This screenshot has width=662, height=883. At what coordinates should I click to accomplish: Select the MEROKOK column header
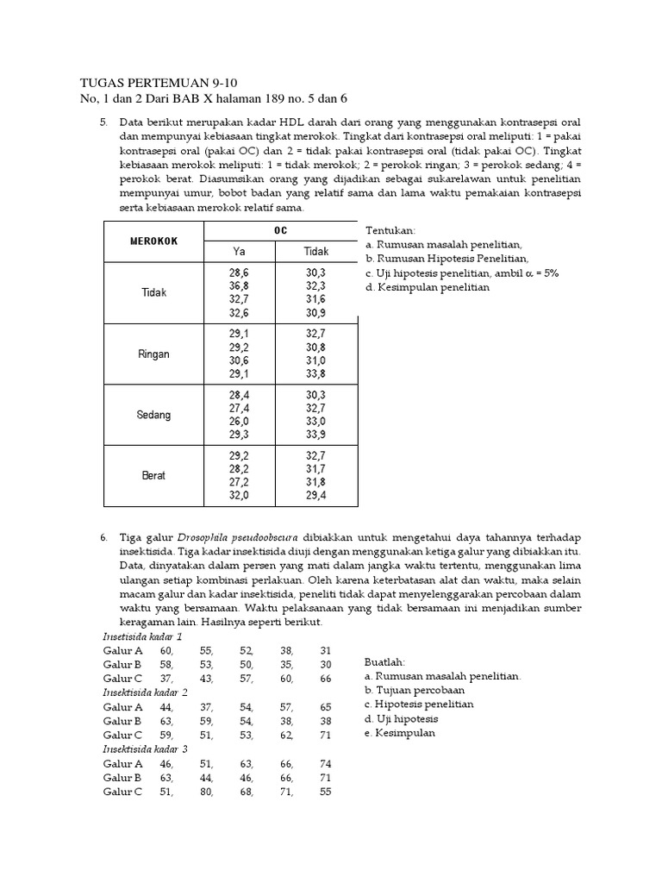(x=153, y=241)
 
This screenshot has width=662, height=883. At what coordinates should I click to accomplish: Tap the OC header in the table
(x=281, y=231)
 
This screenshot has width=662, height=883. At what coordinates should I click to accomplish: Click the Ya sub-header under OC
(x=240, y=251)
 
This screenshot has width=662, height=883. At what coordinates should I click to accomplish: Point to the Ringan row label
(x=154, y=354)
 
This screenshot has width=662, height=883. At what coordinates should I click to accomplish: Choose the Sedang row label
(x=154, y=415)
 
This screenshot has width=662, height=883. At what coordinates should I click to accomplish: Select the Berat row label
(x=154, y=475)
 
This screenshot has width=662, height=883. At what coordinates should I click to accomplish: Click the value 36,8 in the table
(x=240, y=285)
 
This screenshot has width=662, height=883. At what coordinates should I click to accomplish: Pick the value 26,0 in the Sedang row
(x=240, y=421)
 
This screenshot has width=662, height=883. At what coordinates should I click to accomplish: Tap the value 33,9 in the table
(x=316, y=435)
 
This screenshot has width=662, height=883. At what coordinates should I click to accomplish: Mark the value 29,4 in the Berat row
(x=316, y=496)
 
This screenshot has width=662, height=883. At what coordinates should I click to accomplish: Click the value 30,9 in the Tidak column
(x=316, y=313)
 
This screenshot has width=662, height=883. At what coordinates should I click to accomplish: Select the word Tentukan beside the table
(x=390, y=232)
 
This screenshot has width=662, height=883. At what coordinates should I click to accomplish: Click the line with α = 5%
(x=462, y=273)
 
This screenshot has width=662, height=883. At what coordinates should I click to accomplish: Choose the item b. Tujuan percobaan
(x=415, y=691)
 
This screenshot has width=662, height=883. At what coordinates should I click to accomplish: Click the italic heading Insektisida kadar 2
(x=145, y=692)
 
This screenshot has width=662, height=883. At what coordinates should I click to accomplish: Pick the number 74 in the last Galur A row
(x=325, y=763)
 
